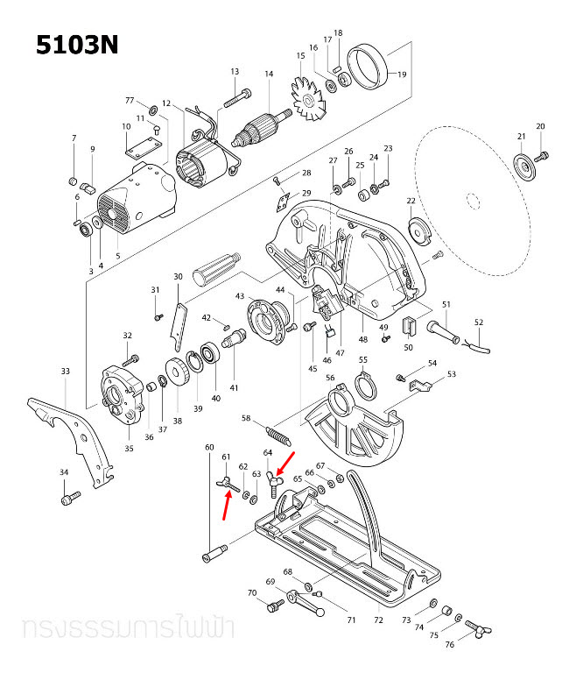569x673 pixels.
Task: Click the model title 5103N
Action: coord(76,45)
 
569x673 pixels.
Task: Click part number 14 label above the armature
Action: coord(269,74)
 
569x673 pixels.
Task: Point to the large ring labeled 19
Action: coord(368,67)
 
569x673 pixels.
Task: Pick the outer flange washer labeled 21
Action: coord(522,166)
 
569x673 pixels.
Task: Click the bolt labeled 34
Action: coord(67,499)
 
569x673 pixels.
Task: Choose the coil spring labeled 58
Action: coord(275,434)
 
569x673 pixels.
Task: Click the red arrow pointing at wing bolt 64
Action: coord(286,462)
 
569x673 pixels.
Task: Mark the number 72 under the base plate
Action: coord(378,620)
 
